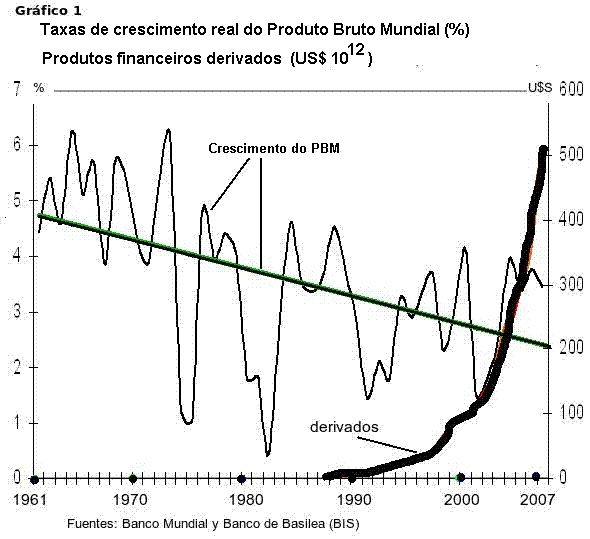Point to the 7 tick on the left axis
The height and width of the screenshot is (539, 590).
point(16,89)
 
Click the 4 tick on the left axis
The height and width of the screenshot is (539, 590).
point(16,256)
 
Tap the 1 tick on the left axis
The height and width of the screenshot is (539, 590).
point(16,423)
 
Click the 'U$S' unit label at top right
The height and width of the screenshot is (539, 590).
point(539,88)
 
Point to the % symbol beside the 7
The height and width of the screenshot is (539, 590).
point(39,88)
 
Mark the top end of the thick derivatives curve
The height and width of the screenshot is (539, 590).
point(543,150)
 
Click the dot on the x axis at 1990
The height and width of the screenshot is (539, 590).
point(352,478)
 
